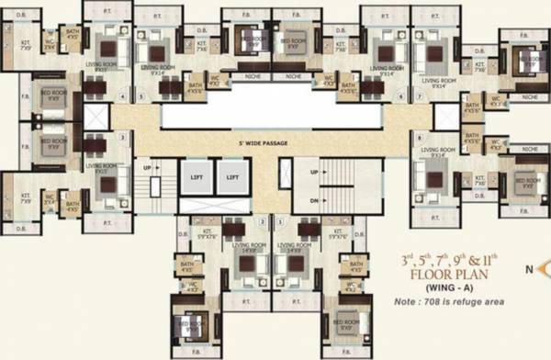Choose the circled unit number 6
click(x=378, y=98)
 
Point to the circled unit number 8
click(x=419, y=137)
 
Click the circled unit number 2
click(x=264, y=221)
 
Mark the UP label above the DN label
click(x=314, y=173)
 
